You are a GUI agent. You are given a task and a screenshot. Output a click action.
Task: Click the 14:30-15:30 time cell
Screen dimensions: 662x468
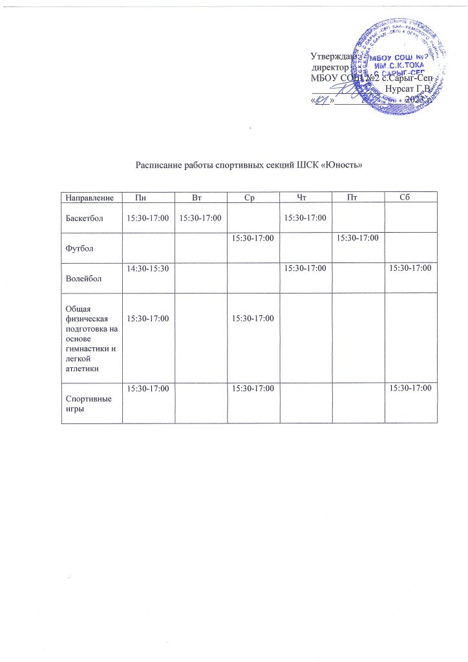145,266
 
